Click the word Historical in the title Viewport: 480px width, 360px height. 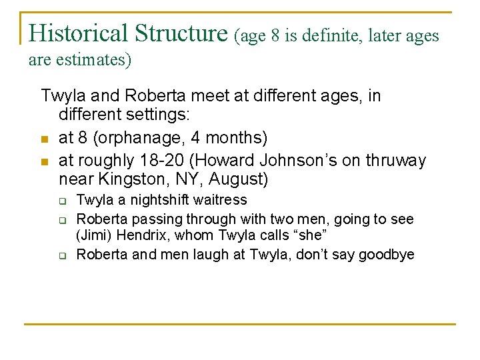click(79, 33)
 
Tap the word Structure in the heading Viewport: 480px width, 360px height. click(181, 33)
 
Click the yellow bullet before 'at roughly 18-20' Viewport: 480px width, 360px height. click(45, 162)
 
